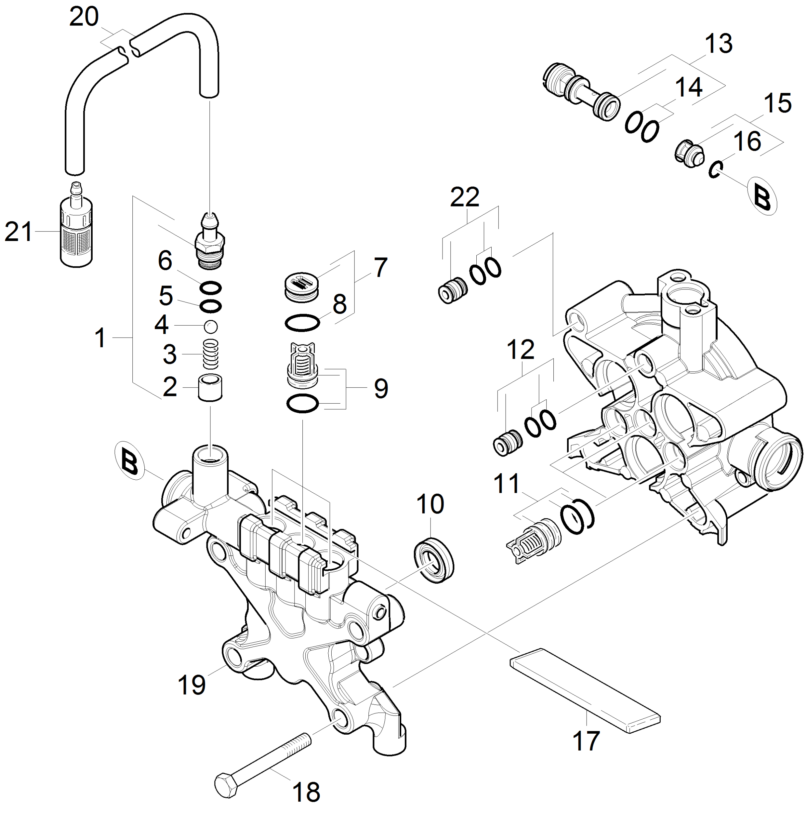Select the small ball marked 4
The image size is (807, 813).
[210, 326]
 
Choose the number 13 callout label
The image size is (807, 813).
[718, 44]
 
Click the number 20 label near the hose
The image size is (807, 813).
[84, 17]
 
